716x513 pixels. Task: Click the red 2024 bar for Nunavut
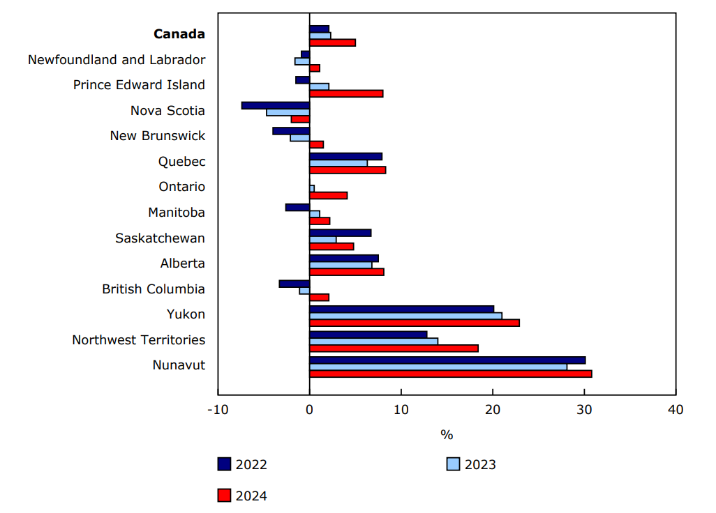pos(450,374)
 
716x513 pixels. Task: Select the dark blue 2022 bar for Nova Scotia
pos(276,105)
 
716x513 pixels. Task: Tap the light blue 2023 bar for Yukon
pos(405,316)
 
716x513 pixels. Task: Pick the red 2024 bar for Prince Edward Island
pos(346,93)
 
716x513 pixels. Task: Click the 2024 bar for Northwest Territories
pos(394,348)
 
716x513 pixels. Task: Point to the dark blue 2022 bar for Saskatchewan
pos(340,232)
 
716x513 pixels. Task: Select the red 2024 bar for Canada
pos(332,43)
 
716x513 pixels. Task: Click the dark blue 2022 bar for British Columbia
pos(294,284)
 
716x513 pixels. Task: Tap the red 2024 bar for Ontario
pos(328,195)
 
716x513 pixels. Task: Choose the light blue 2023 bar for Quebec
pos(338,163)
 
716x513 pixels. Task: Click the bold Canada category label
pos(179,34)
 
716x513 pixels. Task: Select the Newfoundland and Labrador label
pos(117,59)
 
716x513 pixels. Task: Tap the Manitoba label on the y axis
pos(177,213)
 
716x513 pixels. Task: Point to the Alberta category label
pos(183,263)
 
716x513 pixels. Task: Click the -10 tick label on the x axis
pos(217,409)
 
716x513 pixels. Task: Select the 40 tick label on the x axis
pos(676,409)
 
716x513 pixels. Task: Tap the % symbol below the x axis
pos(447,435)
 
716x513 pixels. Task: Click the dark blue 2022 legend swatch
pos(224,464)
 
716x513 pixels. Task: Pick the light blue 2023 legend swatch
pos(453,464)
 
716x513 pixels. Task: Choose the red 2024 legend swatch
pos(224,496)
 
